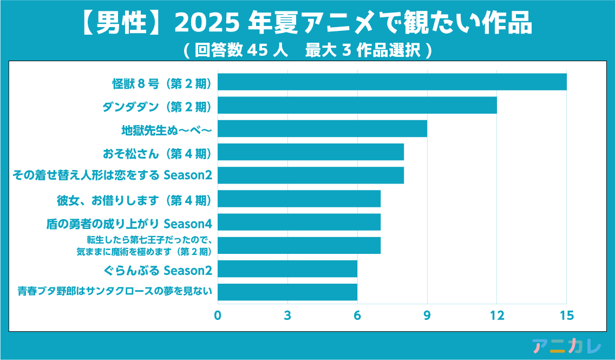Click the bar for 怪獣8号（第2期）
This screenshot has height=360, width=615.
point(392,82)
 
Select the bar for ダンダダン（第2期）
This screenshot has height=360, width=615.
point(357,106)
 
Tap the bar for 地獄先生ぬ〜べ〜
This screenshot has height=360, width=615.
point(322,129)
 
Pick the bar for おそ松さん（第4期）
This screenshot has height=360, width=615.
point(311,152)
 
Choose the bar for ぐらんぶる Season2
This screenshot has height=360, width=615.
point(287,269)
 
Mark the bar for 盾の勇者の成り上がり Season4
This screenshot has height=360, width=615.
point(299,222)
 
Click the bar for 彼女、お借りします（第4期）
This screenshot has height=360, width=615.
point(299,199)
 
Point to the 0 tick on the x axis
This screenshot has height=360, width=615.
point(218,315)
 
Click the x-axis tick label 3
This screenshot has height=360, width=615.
point(287,315)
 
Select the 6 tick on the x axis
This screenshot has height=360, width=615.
point(357,315)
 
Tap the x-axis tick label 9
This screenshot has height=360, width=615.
point(427,315)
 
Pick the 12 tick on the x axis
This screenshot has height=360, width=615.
point(496,315)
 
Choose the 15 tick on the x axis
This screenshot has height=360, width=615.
point(566,315)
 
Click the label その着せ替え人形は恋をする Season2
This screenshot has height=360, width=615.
point(112,175)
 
